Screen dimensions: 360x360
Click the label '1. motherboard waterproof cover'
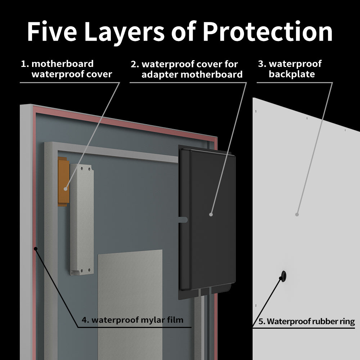point(67,69)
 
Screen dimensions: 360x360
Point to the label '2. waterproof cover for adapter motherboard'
point(186,69)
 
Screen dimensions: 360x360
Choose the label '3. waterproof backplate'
point(290,69)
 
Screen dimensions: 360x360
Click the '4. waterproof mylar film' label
point(137,320)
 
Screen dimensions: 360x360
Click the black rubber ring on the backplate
point(284,276)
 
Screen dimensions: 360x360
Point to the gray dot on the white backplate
point(297,214)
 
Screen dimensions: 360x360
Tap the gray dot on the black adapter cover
point(211,214)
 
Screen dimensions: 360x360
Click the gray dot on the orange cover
point(65,188)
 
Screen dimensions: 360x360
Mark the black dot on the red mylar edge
point(35,248)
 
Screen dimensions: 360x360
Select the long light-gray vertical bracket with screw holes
point(82,220)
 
